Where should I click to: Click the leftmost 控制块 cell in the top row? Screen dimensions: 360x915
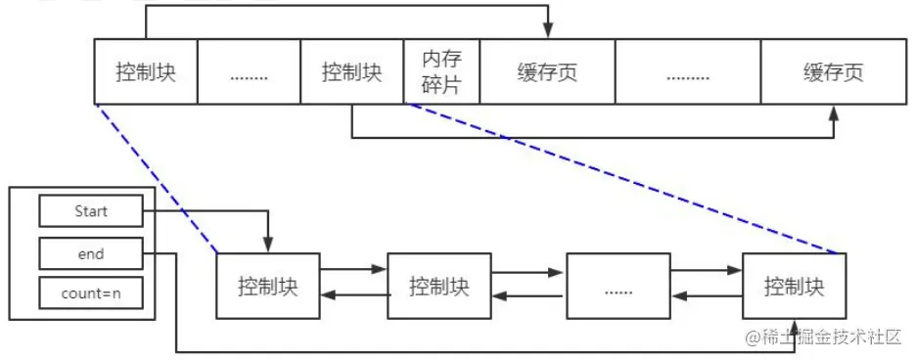(x=145, y=72)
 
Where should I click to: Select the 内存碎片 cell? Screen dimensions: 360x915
(x=441, y=72)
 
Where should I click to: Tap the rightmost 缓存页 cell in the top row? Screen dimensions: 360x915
(x=834, y=72)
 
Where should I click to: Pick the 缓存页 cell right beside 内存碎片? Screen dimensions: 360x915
(x=546, y=72)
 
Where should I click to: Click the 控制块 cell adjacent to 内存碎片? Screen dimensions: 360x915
(x=351, y=72)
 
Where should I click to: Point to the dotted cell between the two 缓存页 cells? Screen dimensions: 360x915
(x=688, y=72)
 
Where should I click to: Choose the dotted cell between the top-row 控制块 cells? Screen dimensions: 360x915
(x=249, y=72)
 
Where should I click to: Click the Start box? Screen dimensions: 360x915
(x=90, y=210)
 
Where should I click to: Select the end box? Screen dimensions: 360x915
(x=90, y=254)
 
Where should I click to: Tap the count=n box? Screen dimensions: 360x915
(x=90, y=292)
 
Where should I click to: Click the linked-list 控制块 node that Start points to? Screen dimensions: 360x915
(x=267, y=286)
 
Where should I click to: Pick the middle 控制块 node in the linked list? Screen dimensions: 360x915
(x=438, y=286)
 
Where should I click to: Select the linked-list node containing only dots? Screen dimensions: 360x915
(x=618, y=286)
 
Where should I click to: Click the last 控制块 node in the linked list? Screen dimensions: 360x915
(x=794, y=286)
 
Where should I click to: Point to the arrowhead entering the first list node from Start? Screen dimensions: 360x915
(x=267, y=245)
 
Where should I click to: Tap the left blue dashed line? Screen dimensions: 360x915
(x=155, y=176)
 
